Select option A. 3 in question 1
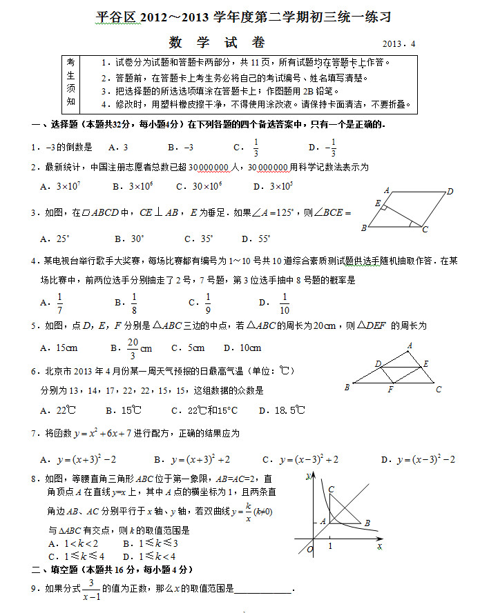(118, 147)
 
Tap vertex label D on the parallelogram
(450, 191)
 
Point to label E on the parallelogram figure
(377, 203)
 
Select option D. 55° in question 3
(256, 239)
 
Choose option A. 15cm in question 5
(59, 348)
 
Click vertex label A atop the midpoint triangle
(410, 345)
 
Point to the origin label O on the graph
(309, 549)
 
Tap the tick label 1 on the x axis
(330, 546)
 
